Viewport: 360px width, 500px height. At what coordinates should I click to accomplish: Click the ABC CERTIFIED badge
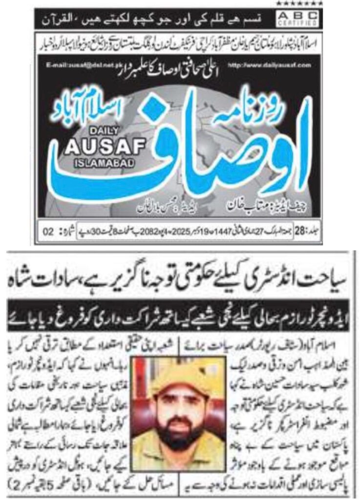(x=303, y=19)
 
